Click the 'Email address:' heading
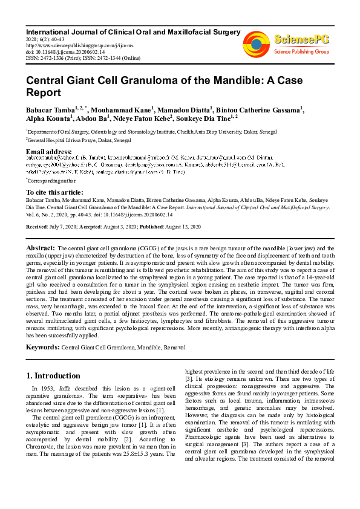(x=49, y=151)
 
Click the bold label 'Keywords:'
(x=42, y=347)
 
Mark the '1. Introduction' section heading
(x=54, y=375)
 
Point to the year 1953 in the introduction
(x=50, y=389)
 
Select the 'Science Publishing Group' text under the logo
(x=301, y=52)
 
